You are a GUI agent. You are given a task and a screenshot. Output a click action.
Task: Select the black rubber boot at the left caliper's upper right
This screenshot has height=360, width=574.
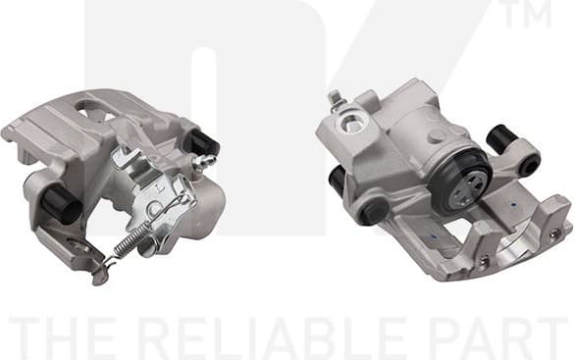click(204, 143)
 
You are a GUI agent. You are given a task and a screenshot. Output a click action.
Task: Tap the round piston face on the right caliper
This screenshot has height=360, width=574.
click(461, 183)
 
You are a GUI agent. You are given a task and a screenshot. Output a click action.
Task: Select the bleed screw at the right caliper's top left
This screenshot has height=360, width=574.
click(335, 98)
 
